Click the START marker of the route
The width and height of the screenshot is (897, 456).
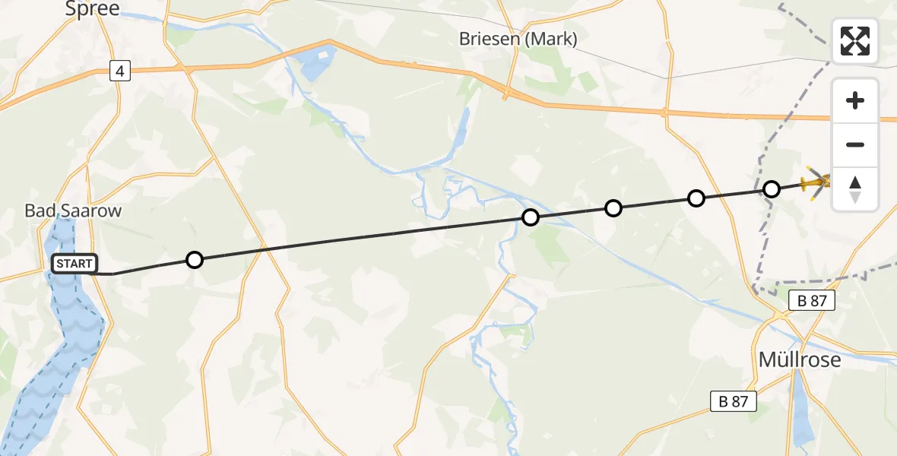point(74,264)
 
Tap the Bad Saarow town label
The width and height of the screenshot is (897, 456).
point(73,211)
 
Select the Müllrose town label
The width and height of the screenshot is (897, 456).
point(800,359)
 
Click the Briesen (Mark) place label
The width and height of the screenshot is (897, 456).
point(518,39)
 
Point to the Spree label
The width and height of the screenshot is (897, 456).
point(93,9)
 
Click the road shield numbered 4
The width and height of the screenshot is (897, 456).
point(119,71)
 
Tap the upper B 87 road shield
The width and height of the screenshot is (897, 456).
point(812,300)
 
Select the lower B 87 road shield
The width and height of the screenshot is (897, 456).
point(734,401)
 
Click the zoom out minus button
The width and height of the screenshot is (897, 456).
point(855,144)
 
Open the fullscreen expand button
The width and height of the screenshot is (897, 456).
point(855,41)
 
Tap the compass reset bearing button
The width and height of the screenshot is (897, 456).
point(855,188)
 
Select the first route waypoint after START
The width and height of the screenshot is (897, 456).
point(195,260)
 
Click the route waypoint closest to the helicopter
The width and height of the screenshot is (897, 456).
point(772,188)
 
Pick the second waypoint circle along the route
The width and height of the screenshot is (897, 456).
point(531,217)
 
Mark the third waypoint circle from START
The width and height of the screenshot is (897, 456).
point(613,207)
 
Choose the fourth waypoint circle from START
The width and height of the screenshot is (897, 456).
point(696,198)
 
